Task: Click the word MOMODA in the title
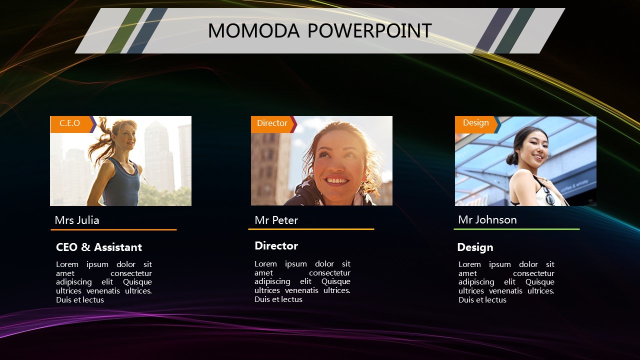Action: [253, 30]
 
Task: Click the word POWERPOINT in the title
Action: [369, 30]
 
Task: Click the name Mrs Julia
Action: [77, 220]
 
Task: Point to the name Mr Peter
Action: [276, 220]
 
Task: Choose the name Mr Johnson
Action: [487, 219]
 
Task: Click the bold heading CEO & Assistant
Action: [99, 247]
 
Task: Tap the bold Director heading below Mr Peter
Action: [276, 245]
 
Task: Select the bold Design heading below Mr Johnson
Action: [475, 247]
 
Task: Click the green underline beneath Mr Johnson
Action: [516, 229]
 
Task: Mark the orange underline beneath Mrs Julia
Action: [113, 229]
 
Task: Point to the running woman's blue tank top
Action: [121, 183]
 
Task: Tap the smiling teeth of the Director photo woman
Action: [337, 181]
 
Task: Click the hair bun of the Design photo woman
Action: [512, 158]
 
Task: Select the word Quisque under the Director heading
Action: [335, 281]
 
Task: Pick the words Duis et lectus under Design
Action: [482, 299]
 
